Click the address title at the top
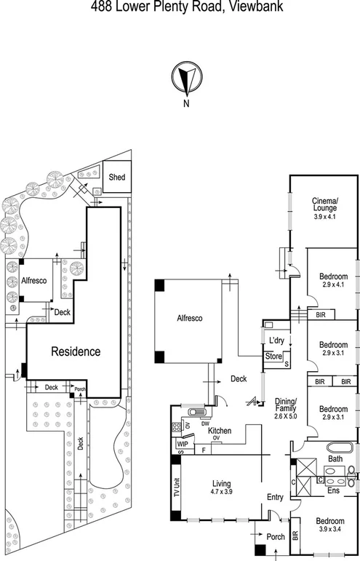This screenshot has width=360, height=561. tap(179, 8)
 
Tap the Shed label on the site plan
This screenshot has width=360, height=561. tap(116, 177)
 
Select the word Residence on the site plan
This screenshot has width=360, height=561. tap(75, 351)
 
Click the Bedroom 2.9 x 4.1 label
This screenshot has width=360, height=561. tap(333, 281)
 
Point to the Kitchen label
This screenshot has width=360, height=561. tap(220, 431)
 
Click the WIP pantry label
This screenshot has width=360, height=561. tap(182, 442)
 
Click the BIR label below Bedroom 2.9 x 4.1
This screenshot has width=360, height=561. tap(321, 314)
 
